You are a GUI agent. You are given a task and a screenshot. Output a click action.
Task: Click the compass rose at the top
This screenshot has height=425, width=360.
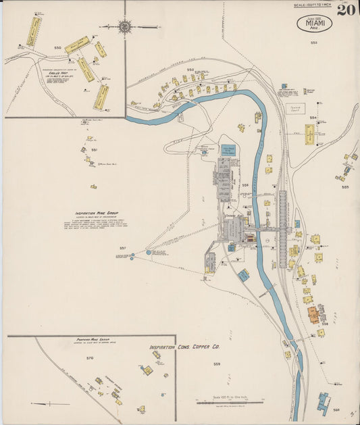coord(124,27)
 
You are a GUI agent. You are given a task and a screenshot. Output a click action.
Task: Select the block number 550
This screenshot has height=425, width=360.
coord(57,48)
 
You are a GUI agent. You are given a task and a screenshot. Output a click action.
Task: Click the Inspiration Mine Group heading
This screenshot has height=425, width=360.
coord(95,212)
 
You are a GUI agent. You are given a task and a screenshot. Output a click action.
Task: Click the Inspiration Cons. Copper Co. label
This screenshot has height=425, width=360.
coord(185,347)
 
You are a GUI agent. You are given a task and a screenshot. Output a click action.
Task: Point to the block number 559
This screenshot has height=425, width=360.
coord(217,364)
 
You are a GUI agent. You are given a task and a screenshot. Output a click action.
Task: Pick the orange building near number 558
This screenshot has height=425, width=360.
coord(313,314)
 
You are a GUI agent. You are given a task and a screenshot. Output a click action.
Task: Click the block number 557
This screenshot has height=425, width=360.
coord(122,248)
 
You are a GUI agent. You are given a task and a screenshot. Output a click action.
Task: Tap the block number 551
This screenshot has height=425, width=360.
coord(94,149)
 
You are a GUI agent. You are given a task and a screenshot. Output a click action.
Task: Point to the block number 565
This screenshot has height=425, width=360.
coord(345,186)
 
